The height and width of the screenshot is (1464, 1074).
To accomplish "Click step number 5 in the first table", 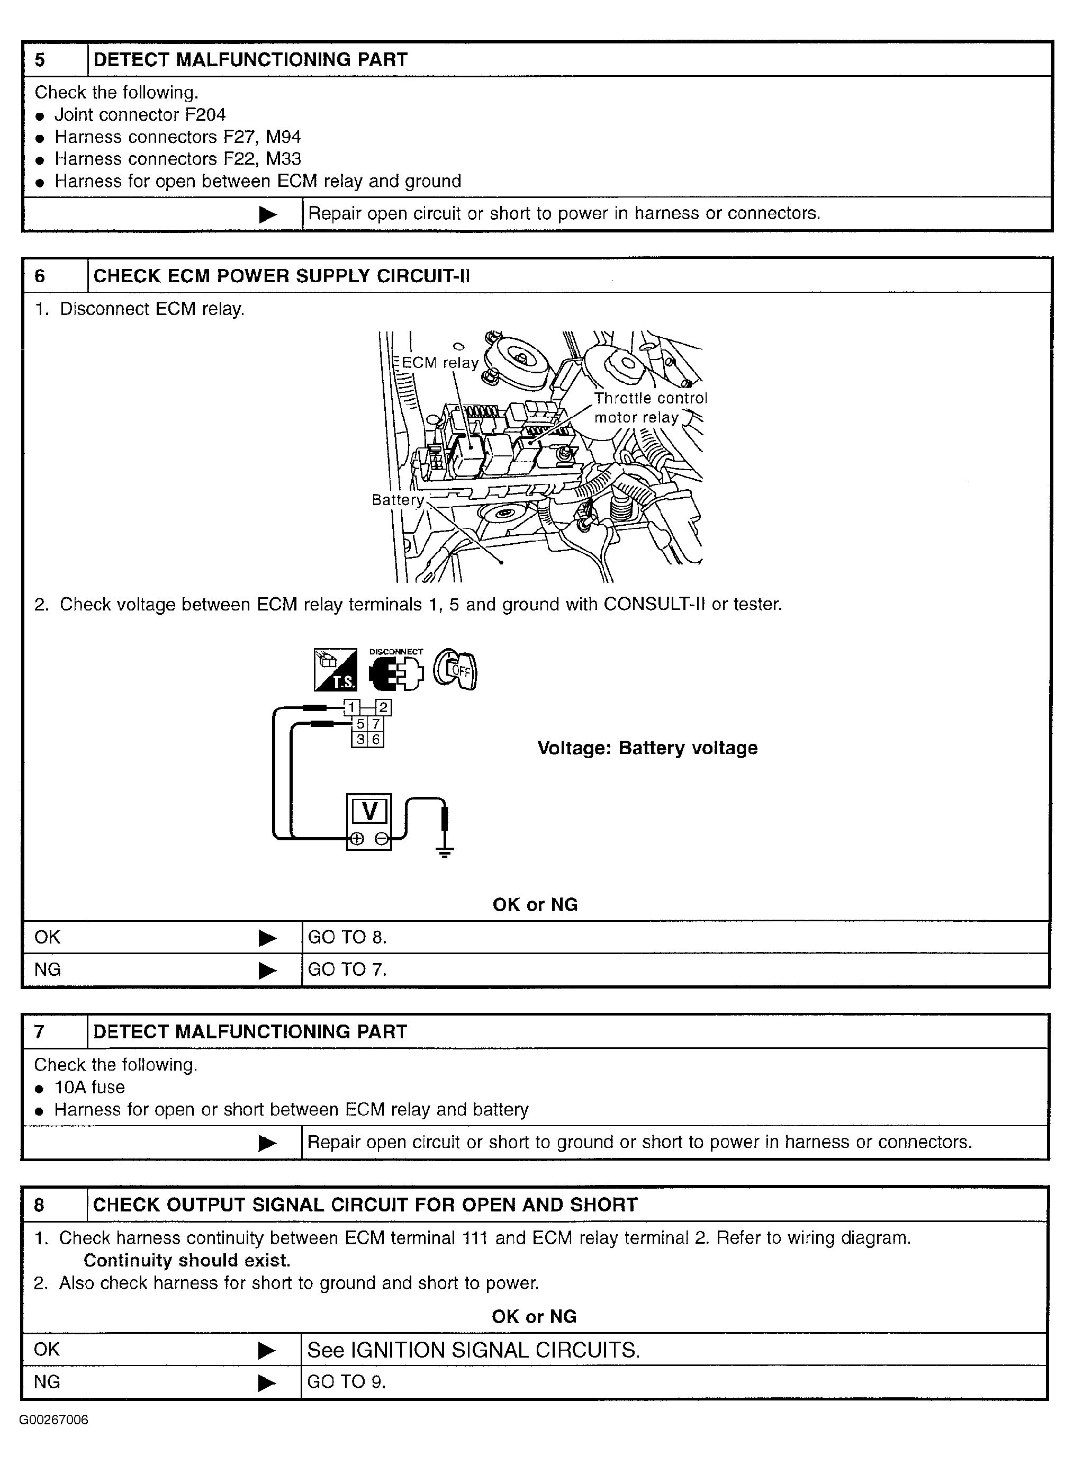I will pyautogui.click(x=40, y=60).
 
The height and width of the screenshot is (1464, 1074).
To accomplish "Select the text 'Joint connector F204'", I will pyautogui.click(x=140, y=115).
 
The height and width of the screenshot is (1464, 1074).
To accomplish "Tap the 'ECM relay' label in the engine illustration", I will pyautogui.click(x=440, y=363).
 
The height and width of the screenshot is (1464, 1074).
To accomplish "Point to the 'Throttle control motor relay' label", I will pyautogui.click(x=649, y=408).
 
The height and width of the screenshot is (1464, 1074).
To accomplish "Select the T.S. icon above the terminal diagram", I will pyautogui.click(x=336, y=669).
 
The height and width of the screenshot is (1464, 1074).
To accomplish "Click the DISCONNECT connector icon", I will pyautogui.click(x=396, y=670).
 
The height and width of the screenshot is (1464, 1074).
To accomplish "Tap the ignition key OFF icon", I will pyautogui.click(x=455, y=669).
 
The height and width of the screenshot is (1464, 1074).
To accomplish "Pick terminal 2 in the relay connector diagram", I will pyautogui.click(x=384, y=707).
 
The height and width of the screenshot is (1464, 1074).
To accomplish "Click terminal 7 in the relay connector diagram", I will pyautogui.click(x=376, y=724).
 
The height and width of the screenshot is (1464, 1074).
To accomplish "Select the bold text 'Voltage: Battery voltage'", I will pyautogui.click(x=647, y=748).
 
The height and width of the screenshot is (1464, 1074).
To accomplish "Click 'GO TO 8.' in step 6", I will pyautogui.click(x=347, y=937).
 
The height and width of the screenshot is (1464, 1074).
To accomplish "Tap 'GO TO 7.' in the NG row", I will pyautogui.click(x=347, y=969).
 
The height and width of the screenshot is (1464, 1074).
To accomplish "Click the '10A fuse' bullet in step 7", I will pyautogui.click(x=89, y=1087).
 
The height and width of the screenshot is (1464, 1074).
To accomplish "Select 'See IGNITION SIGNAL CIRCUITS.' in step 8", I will pyautogui.click(x=473, y=1350).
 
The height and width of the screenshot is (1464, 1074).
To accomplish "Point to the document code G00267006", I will pyautogui.click(x=54, y=1420).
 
